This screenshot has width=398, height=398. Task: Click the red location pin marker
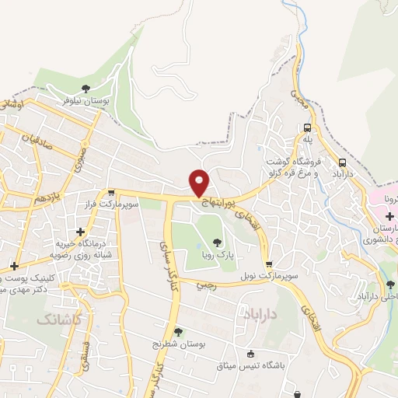tap(200, 182)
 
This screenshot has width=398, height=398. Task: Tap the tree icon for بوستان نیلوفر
tap(86, 88)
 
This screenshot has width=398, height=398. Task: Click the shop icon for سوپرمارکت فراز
tap(112, 193)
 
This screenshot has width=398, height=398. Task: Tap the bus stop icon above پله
tap(308, 127)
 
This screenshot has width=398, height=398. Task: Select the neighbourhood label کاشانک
tap(57, 319)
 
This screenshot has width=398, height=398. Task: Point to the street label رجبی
tap(203, 285)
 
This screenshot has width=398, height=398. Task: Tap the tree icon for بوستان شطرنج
tap(178, 332)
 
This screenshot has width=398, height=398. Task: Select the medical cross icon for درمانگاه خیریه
tap(81, 231)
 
